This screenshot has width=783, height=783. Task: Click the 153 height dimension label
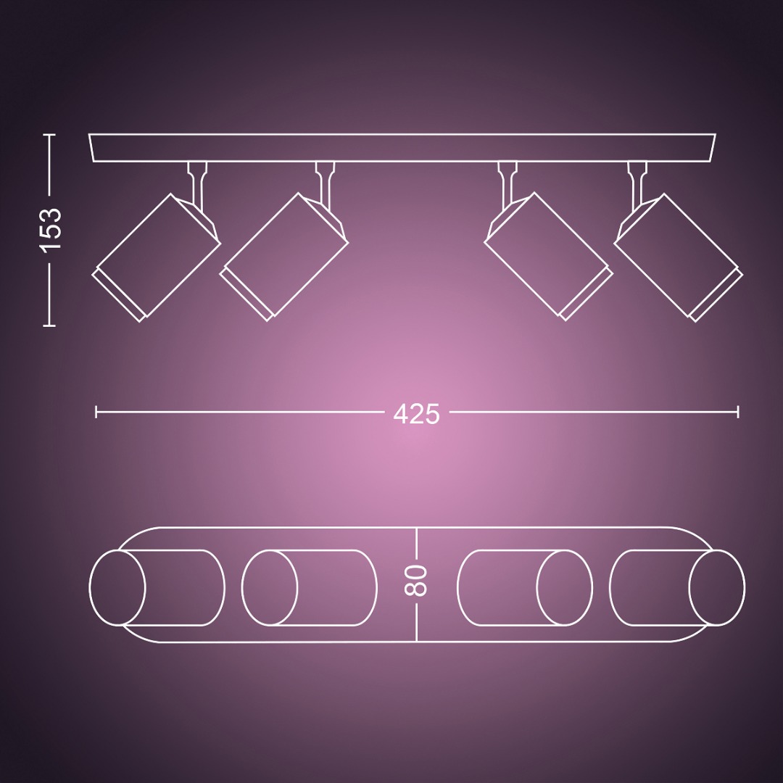[x=51, y=231]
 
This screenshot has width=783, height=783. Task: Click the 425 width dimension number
[x=416, y=414]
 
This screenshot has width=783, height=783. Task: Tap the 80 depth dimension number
[x=416, y=581]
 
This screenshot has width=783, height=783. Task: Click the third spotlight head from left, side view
[x=549, y=256]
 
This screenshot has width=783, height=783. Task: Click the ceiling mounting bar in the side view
[x=402, y=148]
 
